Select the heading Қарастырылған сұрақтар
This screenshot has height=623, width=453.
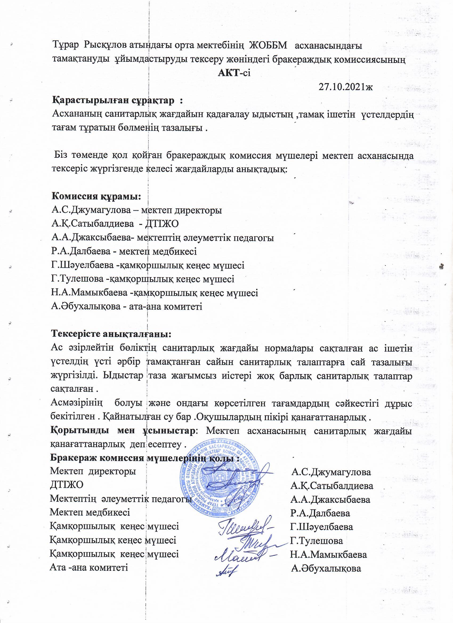pyautogui.click(x=117, y=100)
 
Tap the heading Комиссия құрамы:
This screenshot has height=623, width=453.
pyautogui.click(x=96, y=197)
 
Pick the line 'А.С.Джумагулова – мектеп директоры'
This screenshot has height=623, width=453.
pyautogui.click(x=136, y=211)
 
